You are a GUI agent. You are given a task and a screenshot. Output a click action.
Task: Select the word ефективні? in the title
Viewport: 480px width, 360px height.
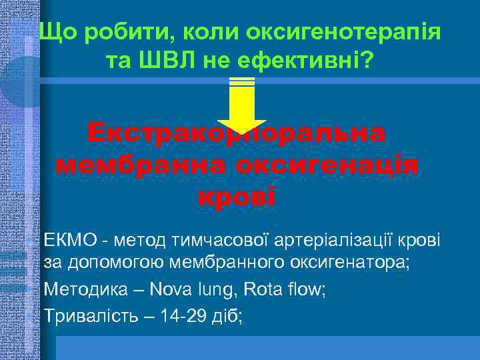[306, 62]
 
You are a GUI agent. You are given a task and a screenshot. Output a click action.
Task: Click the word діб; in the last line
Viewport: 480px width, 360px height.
[230, 315]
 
